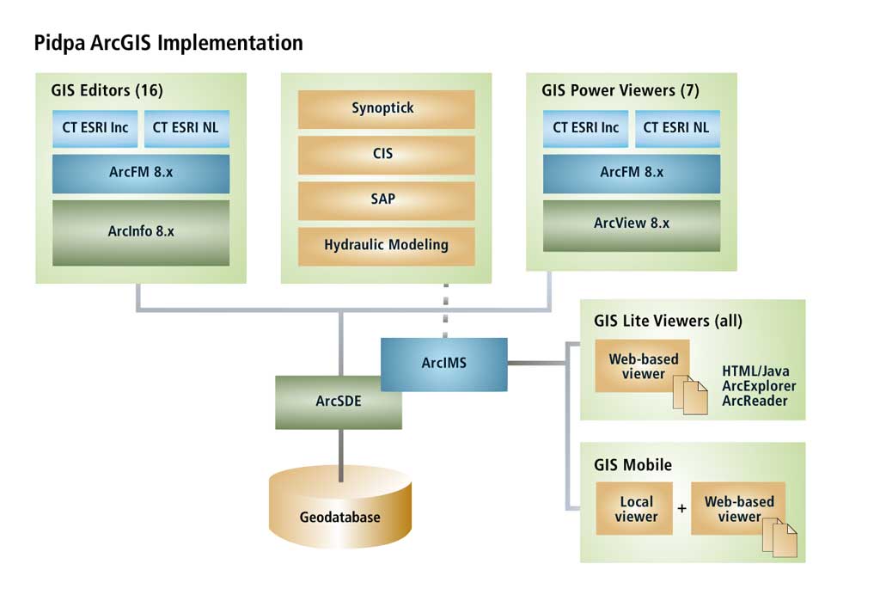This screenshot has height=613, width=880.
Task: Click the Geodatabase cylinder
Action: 340,507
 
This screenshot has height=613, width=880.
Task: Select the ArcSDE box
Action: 339,402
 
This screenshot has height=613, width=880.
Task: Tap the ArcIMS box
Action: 444,365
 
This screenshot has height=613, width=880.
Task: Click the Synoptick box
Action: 386,109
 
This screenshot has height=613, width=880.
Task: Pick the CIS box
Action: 386,155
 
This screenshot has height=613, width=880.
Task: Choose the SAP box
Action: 386,200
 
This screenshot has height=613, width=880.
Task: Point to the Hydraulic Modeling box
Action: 386,246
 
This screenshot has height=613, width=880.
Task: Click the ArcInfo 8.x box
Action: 141,232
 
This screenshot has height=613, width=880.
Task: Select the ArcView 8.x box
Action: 632,225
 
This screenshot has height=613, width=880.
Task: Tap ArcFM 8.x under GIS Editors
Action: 141,174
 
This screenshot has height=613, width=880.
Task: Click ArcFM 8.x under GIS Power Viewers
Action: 632,174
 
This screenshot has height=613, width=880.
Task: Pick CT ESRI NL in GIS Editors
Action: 186,129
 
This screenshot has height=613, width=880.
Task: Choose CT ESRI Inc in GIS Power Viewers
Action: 585,129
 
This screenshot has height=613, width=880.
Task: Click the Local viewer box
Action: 634,509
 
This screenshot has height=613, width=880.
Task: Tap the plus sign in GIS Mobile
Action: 681,509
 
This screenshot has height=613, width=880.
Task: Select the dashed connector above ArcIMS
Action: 446,310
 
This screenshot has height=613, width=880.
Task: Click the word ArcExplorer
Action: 759,386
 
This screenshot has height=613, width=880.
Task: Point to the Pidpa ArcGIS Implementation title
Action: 168,43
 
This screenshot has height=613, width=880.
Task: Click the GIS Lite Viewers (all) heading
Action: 668,321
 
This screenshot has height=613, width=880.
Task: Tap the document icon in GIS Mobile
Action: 779,537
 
